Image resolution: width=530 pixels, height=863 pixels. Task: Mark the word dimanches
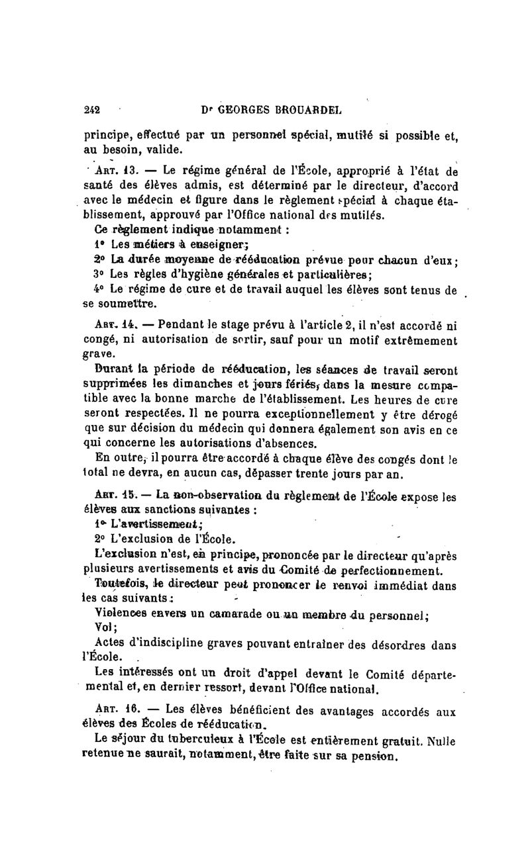(195, 384)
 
